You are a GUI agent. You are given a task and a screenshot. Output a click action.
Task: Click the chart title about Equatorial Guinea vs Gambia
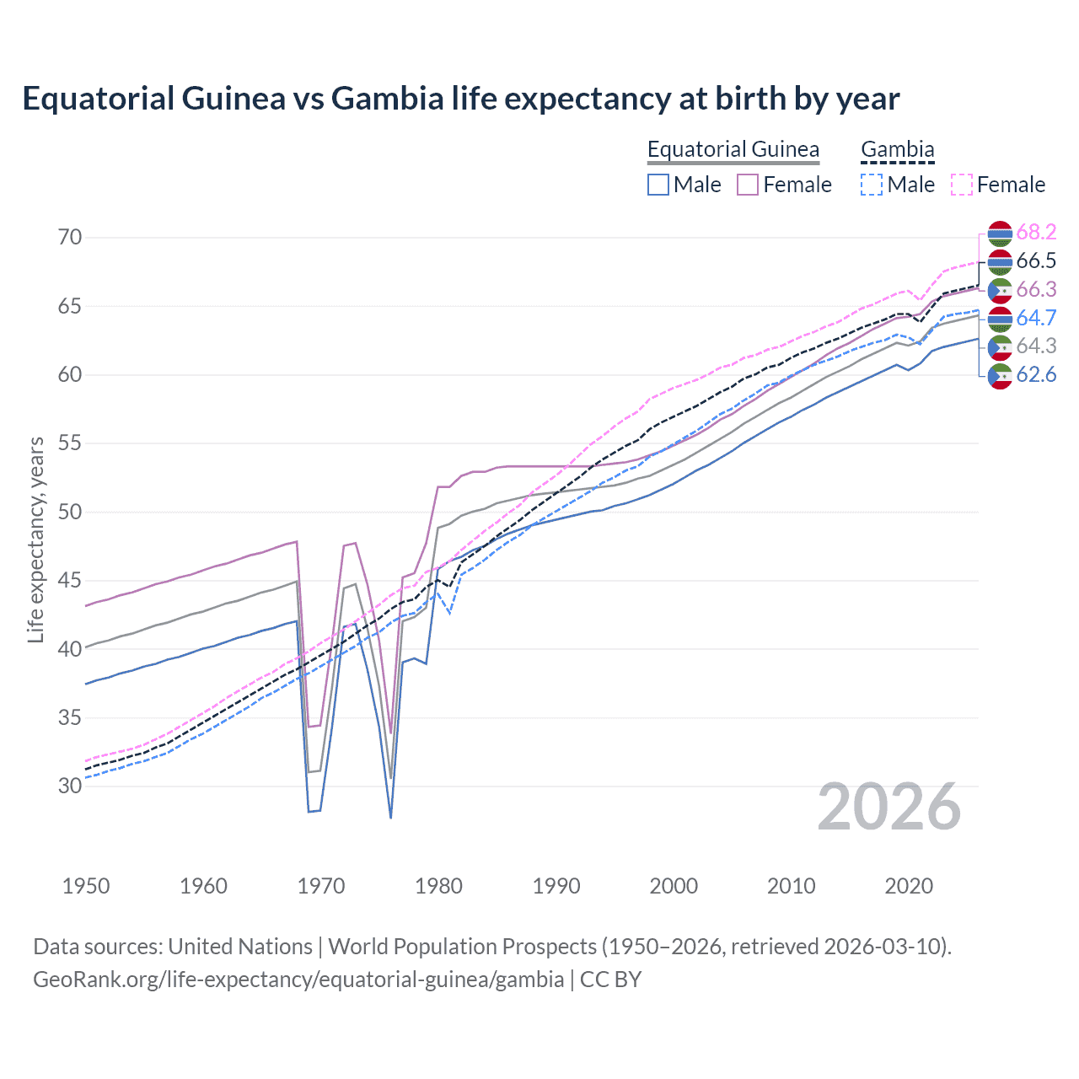pos(460,99)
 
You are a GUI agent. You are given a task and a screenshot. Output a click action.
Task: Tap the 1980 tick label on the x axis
pos(438,886)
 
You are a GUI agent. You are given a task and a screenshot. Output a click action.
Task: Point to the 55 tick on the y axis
pos(70,443)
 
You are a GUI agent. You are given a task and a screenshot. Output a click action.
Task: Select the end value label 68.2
pos(1036,233)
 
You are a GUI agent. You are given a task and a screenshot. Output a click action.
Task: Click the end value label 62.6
pos(1036,375)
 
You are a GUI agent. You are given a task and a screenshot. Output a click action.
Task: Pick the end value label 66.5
pos(1036,261)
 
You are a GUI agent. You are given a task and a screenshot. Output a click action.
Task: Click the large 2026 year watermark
pos(888,807)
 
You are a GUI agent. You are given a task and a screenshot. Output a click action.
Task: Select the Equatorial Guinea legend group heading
pos(733,149)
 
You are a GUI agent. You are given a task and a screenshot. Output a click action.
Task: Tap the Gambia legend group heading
pos(897,149)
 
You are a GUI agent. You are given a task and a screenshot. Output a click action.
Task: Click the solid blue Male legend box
pos(658,185)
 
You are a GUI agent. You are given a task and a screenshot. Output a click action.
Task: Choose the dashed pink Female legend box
pos(962,185)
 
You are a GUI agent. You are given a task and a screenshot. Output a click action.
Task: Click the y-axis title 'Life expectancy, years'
pos(35,539)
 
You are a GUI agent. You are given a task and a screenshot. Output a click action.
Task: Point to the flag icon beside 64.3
pos(1000,346)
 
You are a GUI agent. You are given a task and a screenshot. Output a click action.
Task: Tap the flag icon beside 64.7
pos(1000,319)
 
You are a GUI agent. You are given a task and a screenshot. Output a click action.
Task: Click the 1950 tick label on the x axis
pos(86,886)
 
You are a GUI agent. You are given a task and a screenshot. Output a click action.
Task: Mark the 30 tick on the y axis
pos(70,786)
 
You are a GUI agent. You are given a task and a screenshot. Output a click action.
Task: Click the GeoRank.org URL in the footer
pos(298,980)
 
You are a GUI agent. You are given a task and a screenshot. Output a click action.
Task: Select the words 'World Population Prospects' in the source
pos(462,947)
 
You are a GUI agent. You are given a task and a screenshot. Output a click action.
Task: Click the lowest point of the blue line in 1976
pos(391,817)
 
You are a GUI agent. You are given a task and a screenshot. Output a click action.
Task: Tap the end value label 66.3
pos(1036,290)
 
